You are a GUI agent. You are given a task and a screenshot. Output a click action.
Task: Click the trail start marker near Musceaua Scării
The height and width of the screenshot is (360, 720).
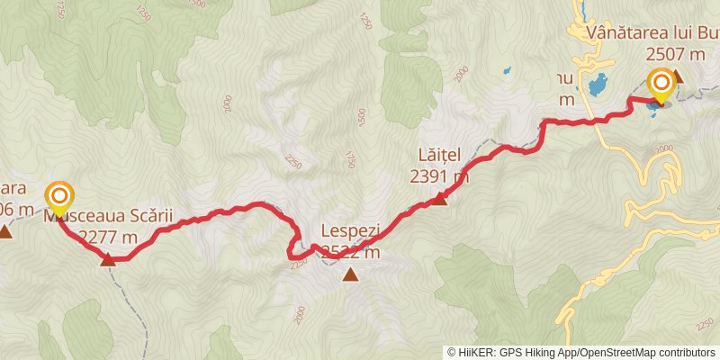(x=60, y=195)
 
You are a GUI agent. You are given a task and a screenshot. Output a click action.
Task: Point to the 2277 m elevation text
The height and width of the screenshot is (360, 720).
(x=108, y=238)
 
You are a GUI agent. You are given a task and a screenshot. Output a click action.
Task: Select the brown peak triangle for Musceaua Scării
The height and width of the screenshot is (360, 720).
(x=108, y=260)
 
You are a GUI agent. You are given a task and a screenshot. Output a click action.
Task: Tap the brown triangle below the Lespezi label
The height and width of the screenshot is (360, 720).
(x=349, y=274)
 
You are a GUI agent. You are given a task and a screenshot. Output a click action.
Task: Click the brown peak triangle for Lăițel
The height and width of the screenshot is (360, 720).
(x=438, y=199)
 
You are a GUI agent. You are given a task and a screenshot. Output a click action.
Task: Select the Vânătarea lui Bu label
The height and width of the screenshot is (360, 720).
(x=652, y=34)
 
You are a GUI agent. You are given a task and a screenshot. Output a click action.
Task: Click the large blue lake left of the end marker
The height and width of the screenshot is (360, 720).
(x=596, y=86)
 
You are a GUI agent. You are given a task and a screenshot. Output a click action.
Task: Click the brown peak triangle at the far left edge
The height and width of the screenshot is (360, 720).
(x=5, y=232)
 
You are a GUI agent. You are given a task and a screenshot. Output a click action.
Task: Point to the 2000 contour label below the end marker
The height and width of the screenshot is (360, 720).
(x=664, y=149)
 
